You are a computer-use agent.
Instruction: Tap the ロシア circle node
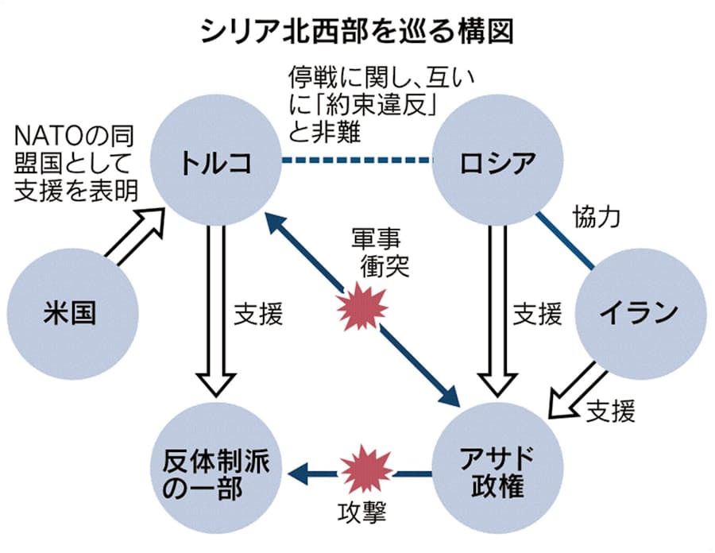click(x=497, y=162)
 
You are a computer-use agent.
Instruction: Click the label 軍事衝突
click(x=380, y=250)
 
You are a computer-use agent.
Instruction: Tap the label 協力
click(x=596, y=216)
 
